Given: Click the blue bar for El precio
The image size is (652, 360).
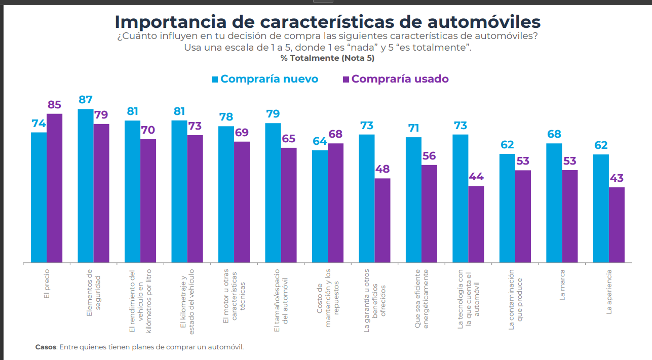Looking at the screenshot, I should (39, 197).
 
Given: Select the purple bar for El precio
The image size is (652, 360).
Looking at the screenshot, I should (54, 188).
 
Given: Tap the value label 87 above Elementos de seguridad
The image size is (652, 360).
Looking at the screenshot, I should (86, 99).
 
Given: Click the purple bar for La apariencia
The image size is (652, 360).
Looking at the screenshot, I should (617, 225).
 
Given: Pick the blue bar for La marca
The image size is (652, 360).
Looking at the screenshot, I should (554, 203).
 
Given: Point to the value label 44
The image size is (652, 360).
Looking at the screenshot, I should (476, 177).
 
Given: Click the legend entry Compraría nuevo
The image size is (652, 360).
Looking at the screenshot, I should (269, 79).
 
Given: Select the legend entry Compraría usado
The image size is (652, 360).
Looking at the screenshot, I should (400, 79).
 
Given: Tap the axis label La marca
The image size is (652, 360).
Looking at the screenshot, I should (562, 289).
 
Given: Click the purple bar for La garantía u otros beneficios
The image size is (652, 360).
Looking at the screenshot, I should (382, 220).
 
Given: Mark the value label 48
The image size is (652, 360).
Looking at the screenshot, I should (382, 169).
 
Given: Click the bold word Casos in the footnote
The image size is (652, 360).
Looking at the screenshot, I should (46, 347).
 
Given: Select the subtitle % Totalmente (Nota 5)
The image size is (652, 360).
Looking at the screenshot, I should (327, 58).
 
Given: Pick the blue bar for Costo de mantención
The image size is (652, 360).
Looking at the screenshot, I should (320, 207).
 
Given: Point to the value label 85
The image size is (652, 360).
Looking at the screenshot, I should (54, 105).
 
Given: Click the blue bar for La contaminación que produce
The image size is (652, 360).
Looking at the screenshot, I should (507, 208).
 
